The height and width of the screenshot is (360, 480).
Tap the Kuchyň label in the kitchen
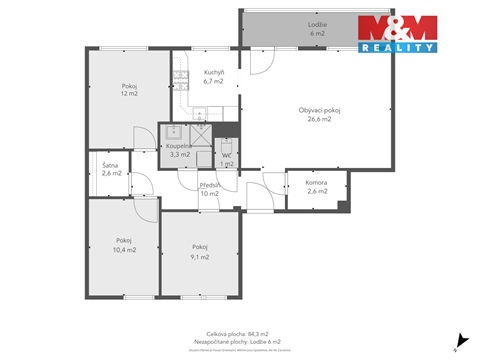coord(213,73)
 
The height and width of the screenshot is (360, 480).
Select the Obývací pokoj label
coord(319,110)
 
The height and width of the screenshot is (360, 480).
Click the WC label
coord(227,155)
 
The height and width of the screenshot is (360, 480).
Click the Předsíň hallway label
coord(210,185)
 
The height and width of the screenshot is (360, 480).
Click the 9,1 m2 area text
coord(200,256)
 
